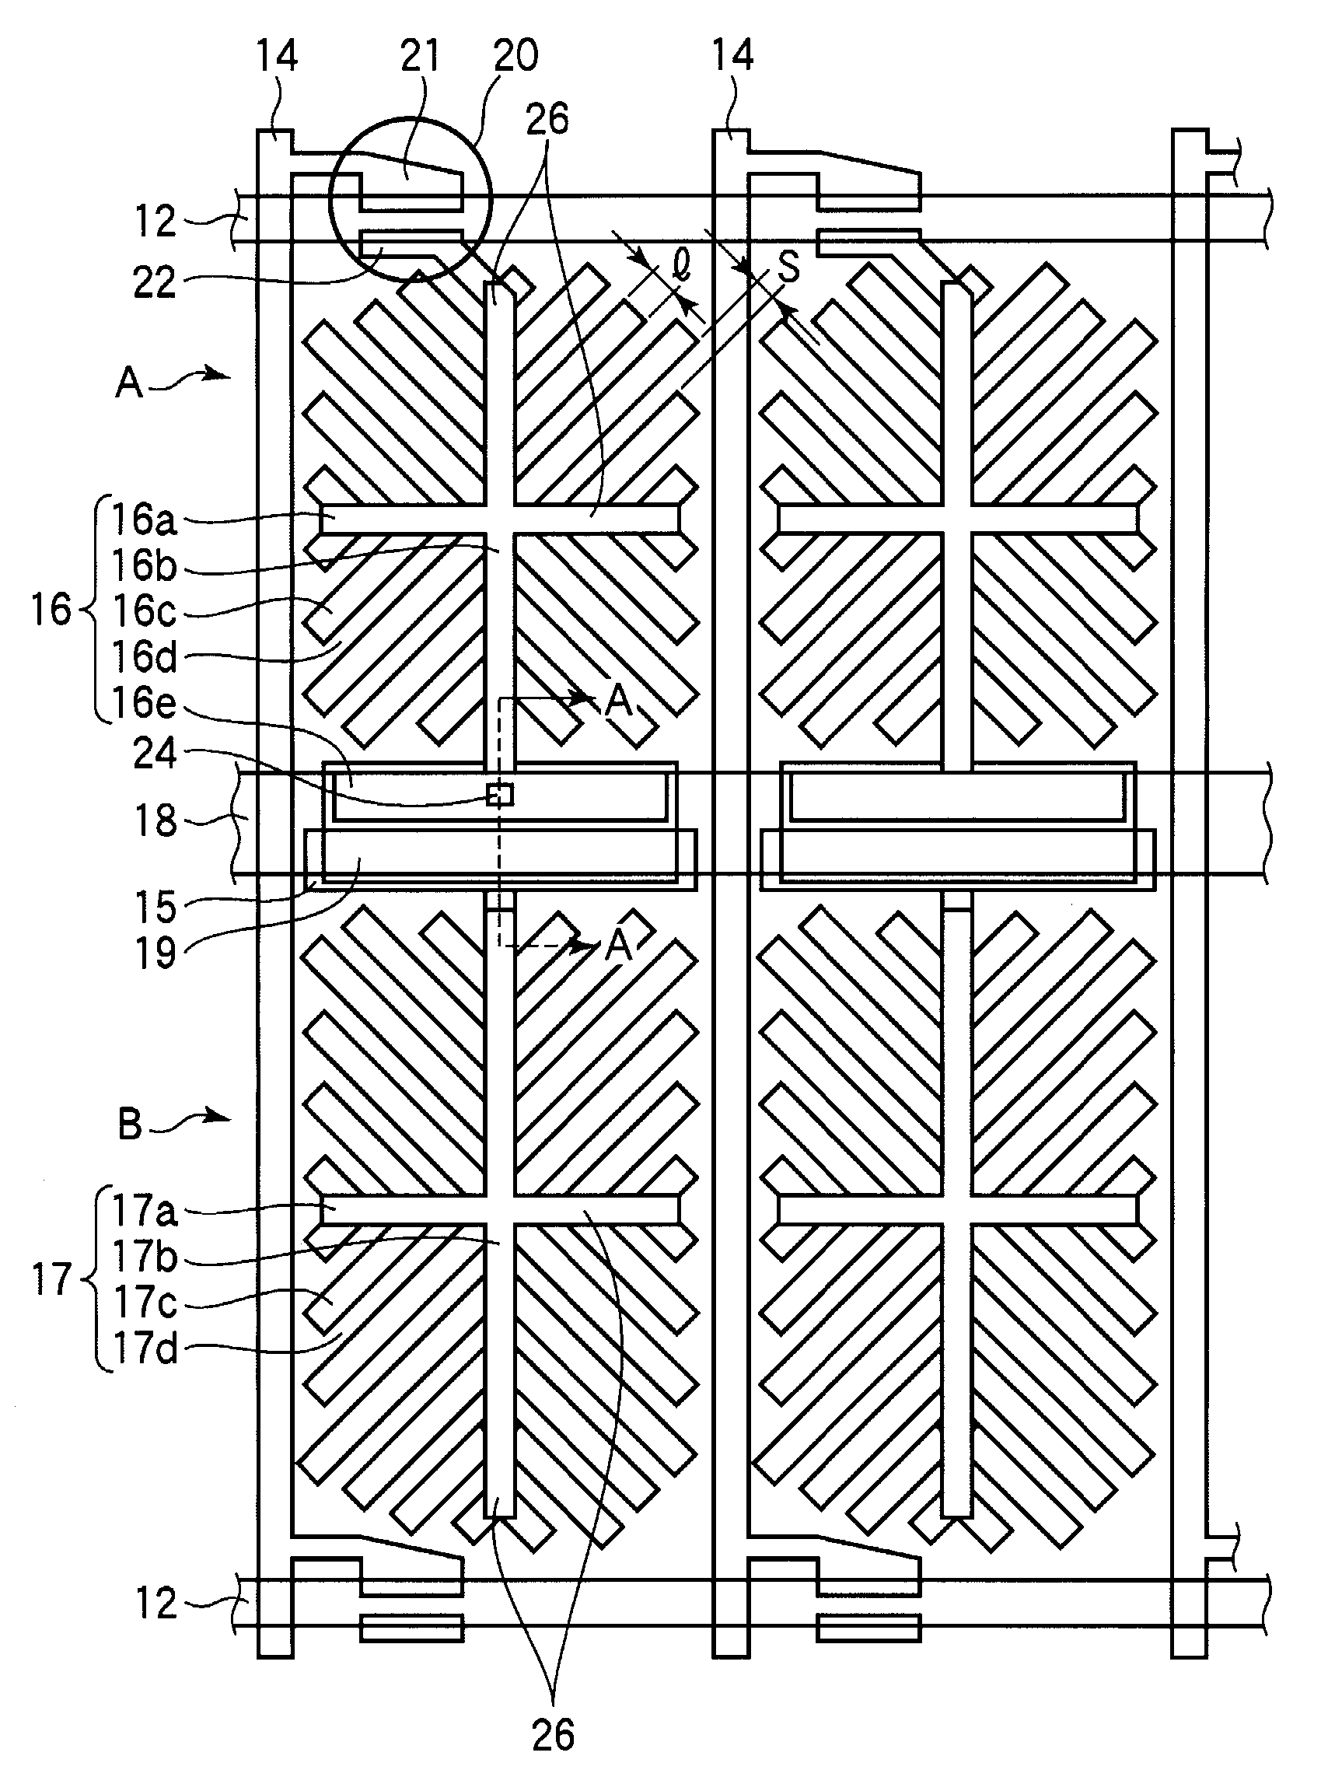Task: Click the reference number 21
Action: click(x=420, y=56)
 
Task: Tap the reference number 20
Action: click(x=515, y=56)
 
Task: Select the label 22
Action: click(x=154, y=283)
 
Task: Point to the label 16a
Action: click(x=143, y=519)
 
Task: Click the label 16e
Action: click(x=143, y=703)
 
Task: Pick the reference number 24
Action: click(x=154, y=754)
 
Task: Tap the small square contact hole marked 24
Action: click(x=500, y=794)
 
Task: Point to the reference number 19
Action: click(x=154, y=953)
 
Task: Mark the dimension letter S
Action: click(x=789, y=268)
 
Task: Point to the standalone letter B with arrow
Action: click(x=129, y=1123)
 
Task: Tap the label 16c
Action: click(x=143, y=611)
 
